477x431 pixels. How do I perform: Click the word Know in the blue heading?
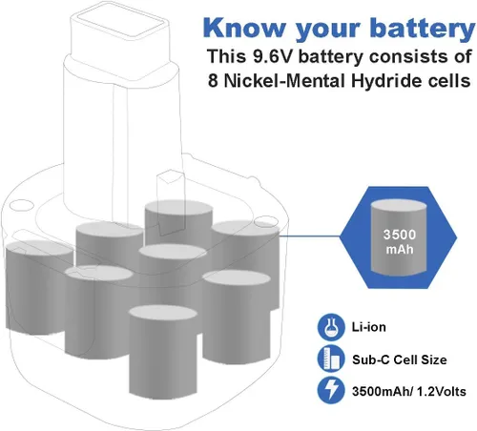point(244,28)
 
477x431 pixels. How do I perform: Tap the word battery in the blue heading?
point(423,28)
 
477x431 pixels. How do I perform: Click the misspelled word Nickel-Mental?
point(284,80)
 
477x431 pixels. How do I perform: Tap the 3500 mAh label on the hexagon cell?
point(400,241)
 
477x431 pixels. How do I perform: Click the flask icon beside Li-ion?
point(331,327)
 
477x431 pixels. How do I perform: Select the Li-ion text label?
point(369,327)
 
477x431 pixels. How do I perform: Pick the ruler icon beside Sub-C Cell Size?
point(331,359)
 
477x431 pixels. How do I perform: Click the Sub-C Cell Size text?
point(400,359)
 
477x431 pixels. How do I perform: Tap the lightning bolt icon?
point(331,391)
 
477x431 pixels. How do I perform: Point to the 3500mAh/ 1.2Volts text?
point(409,391)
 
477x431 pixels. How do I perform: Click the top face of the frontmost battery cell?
point(163,313)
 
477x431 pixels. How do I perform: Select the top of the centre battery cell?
point(173,252)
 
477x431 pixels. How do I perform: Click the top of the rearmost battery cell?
point(178,208)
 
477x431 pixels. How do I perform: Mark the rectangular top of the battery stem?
point(119,22)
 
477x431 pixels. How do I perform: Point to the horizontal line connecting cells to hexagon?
point(310,236)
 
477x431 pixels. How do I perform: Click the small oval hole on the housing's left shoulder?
point(21,205)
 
